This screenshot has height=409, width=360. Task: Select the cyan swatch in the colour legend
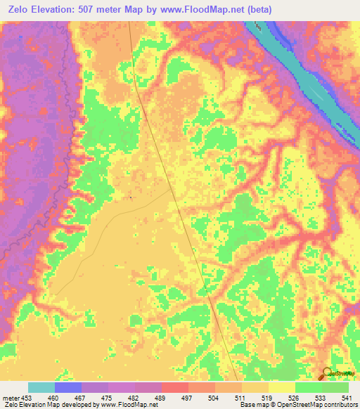(x=41, y=387)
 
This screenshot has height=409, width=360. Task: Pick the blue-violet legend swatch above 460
(x=68, y=387)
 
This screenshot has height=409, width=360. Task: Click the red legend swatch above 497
(x=175, y=387)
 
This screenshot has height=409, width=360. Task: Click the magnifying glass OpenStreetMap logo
(x=326, y=374)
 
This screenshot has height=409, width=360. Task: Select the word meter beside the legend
(x=10, y=397)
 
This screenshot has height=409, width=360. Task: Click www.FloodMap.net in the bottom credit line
(x=129, y=405)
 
